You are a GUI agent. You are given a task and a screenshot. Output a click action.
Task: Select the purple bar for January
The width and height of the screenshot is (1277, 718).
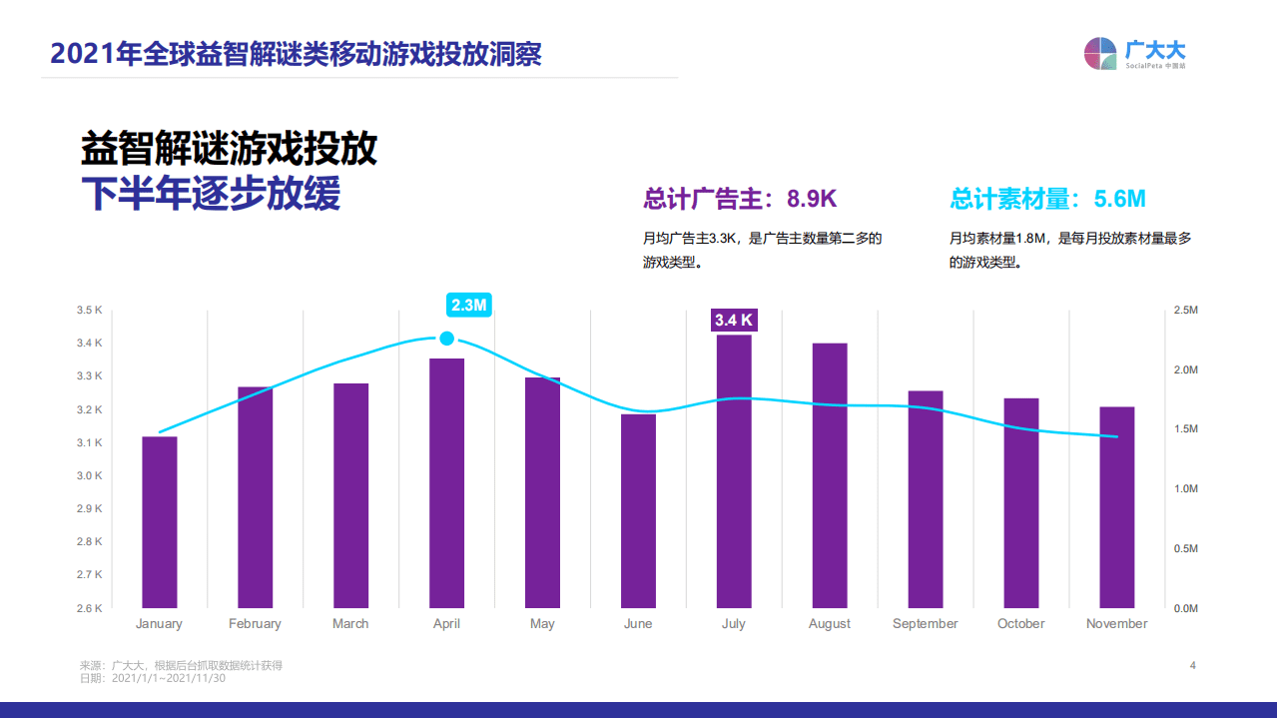coord(160,521)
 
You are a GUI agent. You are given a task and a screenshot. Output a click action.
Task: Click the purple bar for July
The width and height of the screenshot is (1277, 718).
coord(734,470)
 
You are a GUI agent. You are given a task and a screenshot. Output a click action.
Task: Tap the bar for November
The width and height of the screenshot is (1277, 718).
coord(1116,506)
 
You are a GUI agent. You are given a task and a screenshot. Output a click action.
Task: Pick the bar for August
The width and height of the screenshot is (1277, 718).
coord(830,474)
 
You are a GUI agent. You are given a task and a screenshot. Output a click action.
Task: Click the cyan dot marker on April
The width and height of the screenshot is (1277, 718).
coord(446,339)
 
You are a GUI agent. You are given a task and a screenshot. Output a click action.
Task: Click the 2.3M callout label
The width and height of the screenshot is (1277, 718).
coord(468,306)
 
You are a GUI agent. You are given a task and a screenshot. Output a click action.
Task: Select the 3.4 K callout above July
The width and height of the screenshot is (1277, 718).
coord(734,321)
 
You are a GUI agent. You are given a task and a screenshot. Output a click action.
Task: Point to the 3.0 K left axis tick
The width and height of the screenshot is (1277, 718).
coord(90,476)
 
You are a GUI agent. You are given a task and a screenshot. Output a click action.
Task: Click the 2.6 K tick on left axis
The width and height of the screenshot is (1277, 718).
coord(90,608)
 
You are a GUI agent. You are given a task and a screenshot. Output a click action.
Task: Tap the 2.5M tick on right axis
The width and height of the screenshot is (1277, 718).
coord(1185,311)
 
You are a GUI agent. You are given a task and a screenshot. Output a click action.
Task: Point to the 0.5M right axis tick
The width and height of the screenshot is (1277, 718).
coord(1185,548)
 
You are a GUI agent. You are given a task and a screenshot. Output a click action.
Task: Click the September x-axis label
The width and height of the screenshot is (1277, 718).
coord(925,624)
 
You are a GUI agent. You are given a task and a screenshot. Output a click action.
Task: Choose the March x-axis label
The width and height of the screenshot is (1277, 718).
coord(350,624)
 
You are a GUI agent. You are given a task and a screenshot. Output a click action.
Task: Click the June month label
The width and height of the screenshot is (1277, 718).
coord(638,624)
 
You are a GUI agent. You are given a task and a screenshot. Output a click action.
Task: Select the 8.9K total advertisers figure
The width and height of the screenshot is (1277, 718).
coord(811,199)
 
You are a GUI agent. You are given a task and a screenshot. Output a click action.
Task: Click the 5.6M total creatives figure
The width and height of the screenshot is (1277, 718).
coord(1119,199)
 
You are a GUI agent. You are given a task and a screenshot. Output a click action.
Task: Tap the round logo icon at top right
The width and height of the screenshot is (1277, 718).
coord(1100,54)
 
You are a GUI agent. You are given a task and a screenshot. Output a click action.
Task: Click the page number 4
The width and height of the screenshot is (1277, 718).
coord(1192,665)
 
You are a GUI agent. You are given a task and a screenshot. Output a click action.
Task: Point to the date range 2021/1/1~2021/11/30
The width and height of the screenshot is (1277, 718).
coord(169,678)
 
